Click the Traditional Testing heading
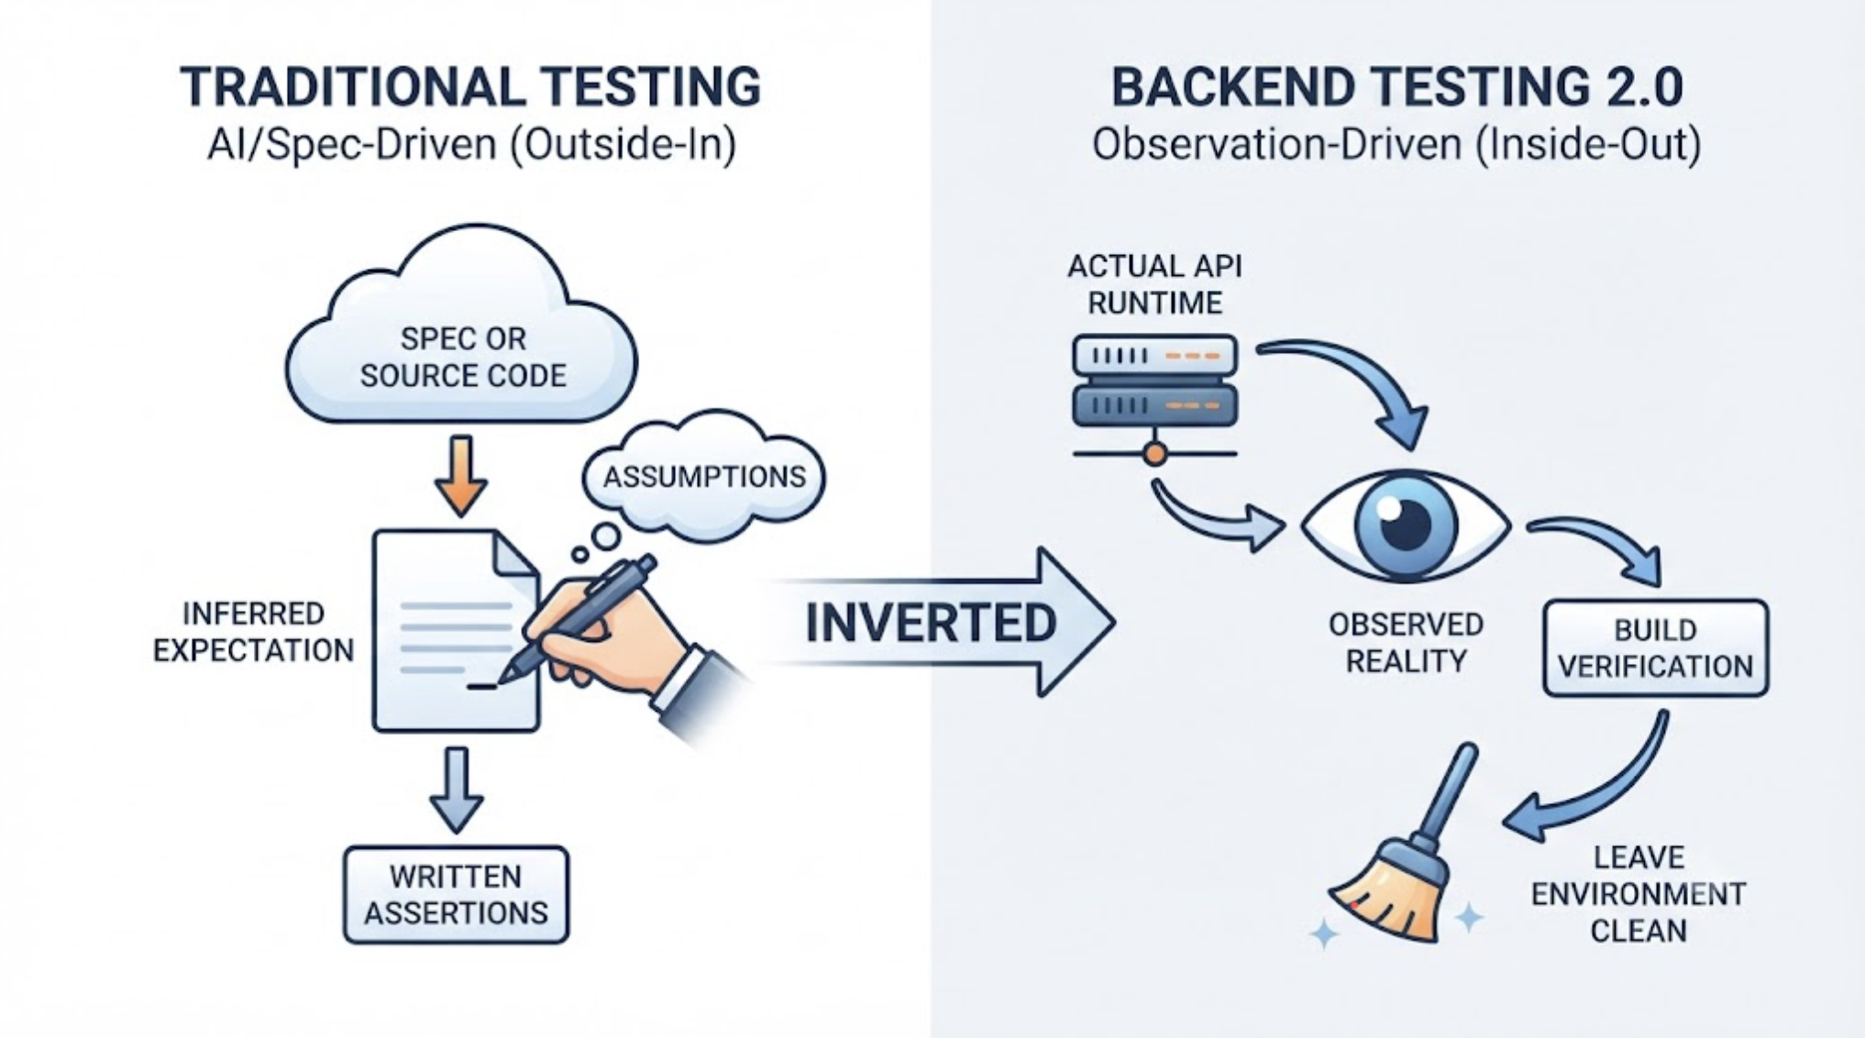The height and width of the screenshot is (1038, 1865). click(470, 87)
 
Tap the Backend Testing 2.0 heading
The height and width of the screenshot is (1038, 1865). click(1396, 87)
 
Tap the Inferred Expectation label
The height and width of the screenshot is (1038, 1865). click(253, 632)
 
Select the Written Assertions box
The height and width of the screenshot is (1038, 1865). click(456, 895)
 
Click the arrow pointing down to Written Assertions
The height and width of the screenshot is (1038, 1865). click(457, 790)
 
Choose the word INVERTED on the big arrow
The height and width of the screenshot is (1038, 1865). click(931, 623)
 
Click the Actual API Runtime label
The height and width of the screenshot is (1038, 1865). click(1154, 284)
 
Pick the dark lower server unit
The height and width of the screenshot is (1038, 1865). click(1155, 405)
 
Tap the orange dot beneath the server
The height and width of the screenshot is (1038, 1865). click(1155, 453)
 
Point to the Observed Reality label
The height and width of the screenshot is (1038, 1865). click(1406, 643)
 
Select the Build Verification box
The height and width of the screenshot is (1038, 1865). click(1656, 647)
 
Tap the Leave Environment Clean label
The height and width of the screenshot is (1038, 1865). click(1639, 894)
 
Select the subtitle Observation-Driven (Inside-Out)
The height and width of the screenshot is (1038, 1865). click(1396, 145)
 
